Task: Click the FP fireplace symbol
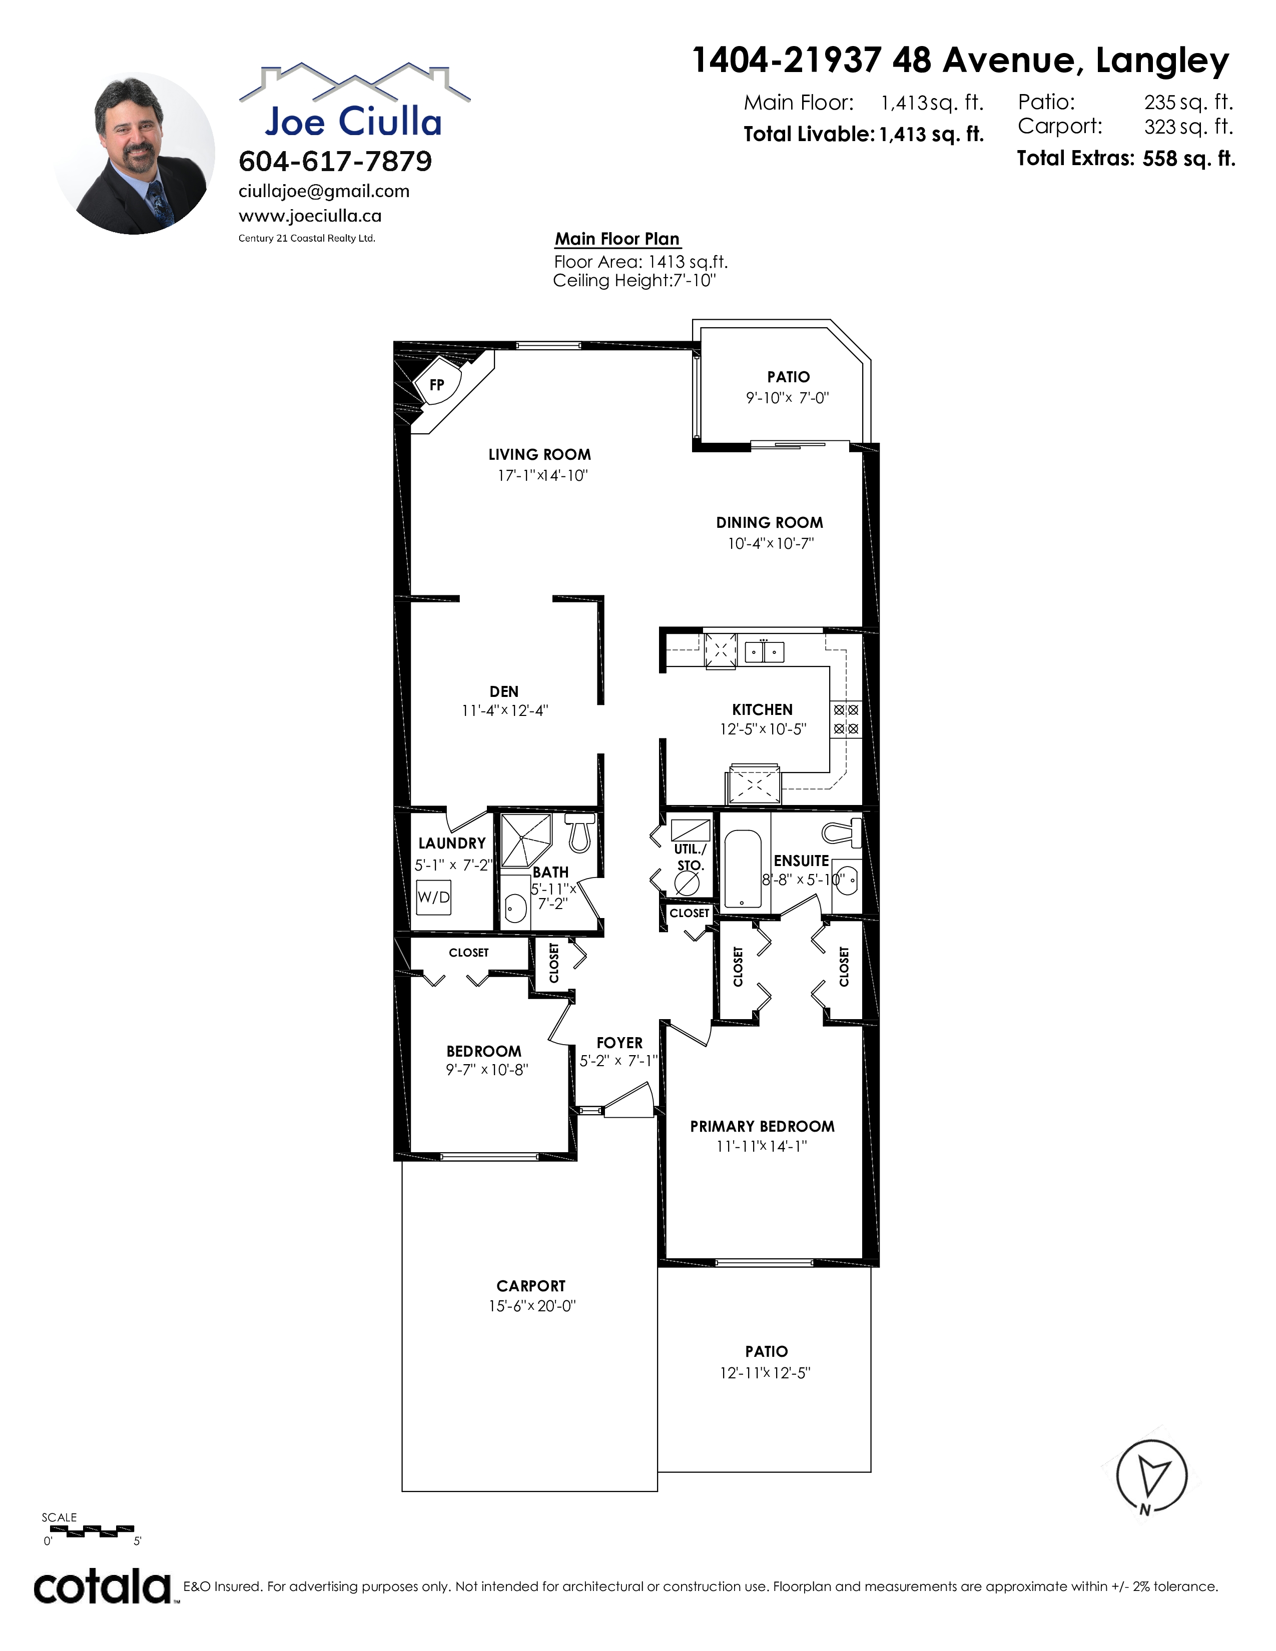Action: tap(437, 385)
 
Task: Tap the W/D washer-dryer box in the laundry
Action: tap(433, 898)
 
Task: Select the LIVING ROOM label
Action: tap(540, 454)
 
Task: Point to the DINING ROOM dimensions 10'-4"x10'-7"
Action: tap(770, 543)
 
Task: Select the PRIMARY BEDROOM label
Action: tap(762, 1126)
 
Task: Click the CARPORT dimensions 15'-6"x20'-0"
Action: tap(532, 1305)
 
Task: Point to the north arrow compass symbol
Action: tap(1152, 1475)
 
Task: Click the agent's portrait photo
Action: tap(134, 154)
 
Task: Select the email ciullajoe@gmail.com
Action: tap(324, 191)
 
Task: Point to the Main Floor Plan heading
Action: tap(617, 239)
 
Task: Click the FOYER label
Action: tap(619, 1043)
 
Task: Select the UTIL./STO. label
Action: tap(690, 857)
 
